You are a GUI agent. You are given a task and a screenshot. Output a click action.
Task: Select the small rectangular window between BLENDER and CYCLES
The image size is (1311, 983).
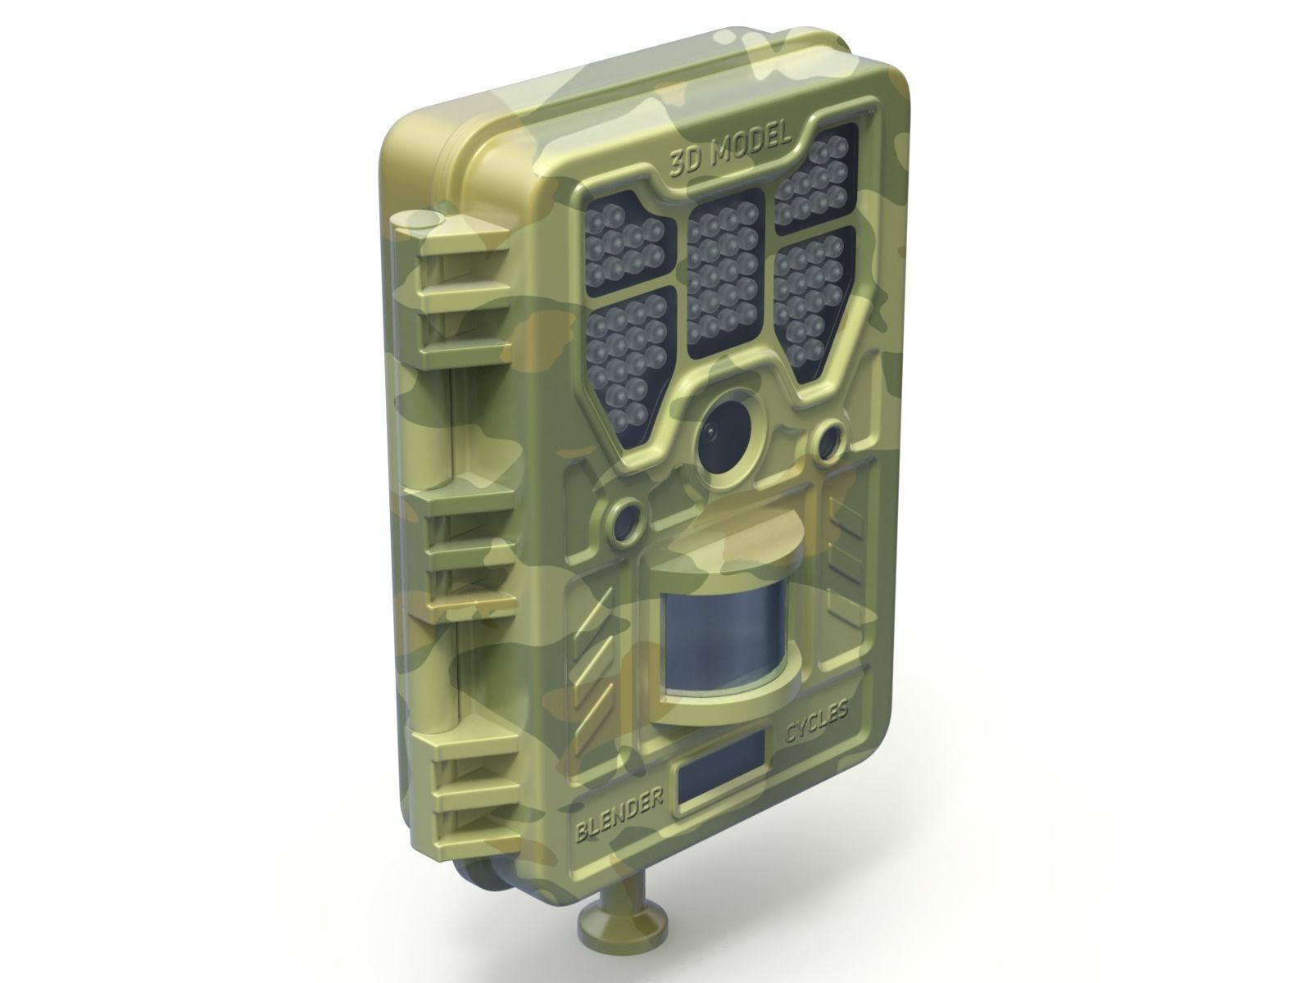(x=719, y=772)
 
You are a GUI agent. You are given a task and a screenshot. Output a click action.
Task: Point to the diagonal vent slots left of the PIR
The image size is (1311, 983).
(x=597, y=655)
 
